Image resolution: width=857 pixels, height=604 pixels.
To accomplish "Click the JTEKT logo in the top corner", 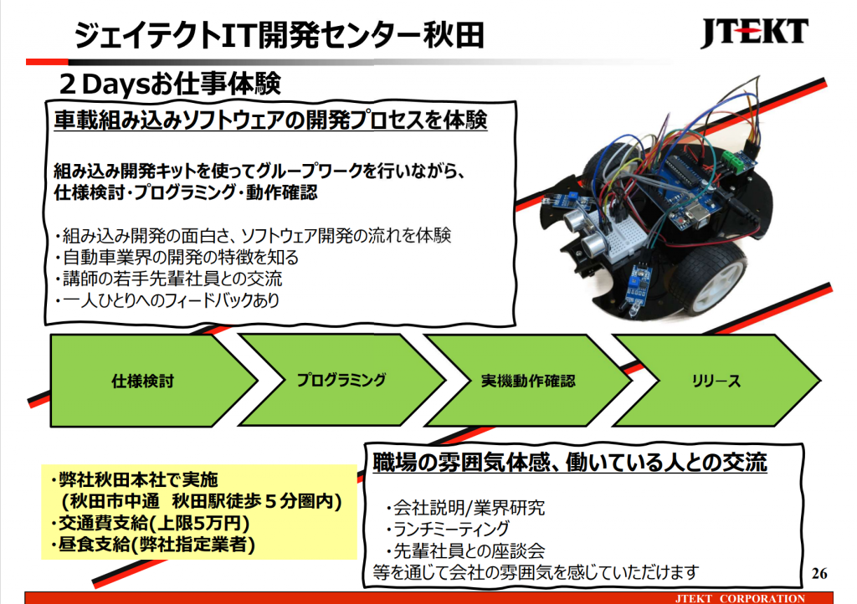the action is (754, 33).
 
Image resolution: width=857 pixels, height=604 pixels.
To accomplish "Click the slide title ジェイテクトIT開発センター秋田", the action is (279, 35).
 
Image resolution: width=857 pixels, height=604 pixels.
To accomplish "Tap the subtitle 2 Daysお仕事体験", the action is (169, 84).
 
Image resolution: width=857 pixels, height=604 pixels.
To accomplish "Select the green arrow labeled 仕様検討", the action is (154, 381).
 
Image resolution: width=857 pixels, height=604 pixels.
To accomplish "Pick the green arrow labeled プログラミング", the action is (342, 380).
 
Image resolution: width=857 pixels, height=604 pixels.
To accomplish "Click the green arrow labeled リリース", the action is (716, 380).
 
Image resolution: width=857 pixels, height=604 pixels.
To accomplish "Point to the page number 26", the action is (819, 573).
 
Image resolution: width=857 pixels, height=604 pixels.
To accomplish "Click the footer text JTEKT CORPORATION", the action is (740, 598).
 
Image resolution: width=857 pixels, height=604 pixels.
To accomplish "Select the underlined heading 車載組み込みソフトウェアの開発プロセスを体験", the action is (270, 120).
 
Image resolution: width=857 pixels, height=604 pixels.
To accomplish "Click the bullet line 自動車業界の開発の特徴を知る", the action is (177, 257).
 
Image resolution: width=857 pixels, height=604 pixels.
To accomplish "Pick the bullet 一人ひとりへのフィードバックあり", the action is (167, 300).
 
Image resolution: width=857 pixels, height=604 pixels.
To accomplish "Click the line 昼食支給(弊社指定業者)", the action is (153, 545).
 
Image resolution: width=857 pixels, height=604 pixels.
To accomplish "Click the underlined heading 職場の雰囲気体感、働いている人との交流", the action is (570, 463).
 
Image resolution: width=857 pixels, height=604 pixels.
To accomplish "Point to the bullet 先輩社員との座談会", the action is (465, 550).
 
